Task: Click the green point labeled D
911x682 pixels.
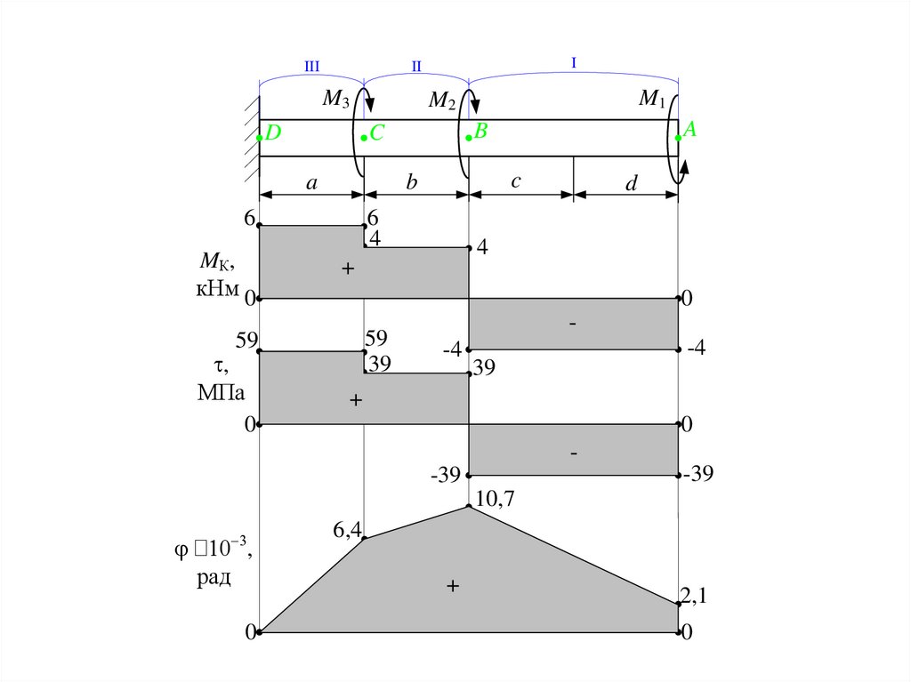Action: point(259,138)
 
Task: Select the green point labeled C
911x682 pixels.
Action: point(364,138)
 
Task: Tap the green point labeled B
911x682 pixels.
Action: point(468,138)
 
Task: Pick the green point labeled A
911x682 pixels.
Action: point(678,138)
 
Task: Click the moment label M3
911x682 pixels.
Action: point(335,99)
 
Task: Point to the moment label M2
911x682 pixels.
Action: point(441,100)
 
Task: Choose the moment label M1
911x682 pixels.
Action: point(651,99)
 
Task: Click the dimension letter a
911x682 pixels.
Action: point(312,183)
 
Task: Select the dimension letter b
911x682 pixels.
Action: point(411,181)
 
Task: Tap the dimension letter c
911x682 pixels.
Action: point(516,181)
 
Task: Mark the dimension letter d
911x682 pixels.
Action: point(631,183)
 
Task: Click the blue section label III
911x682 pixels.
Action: point(312,66)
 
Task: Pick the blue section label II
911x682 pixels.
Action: point(416,66)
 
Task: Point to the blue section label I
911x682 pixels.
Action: point(574,63)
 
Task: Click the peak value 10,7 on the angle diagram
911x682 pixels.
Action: point(495,499)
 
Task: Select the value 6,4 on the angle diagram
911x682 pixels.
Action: point(348,530)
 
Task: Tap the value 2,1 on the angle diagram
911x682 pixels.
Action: point(694,596)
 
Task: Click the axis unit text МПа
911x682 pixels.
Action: point(222,393)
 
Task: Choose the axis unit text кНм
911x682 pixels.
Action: point(217,288)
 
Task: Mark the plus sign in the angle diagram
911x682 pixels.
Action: point(453,586)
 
